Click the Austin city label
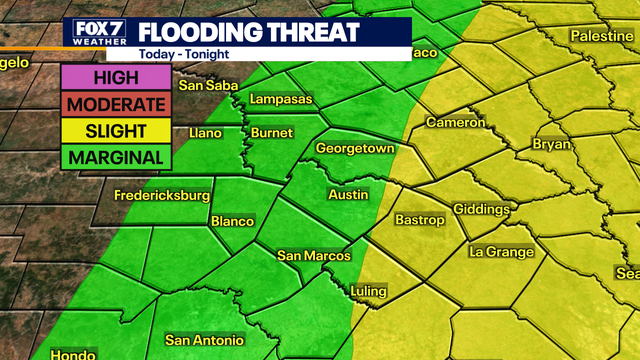click(348, 194)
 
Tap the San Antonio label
click(204, 339)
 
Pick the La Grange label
click(501, 252)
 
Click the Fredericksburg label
click(161, 194)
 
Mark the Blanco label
click(232, 221)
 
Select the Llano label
click(205, 132)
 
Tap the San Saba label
click(207, 85)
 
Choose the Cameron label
click(455, 122)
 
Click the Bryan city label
click(551, 144)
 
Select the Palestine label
click(603, 36)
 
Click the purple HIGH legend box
click(115, 77)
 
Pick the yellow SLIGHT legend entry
click(115, 130)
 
